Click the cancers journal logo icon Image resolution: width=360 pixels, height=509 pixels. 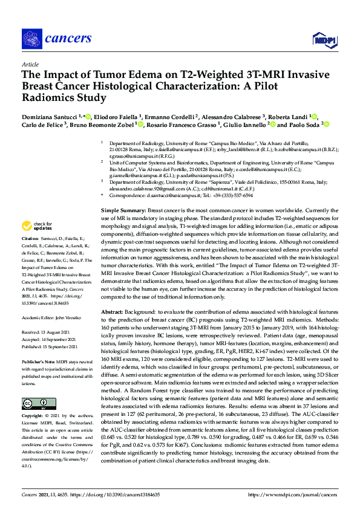click(31, 38)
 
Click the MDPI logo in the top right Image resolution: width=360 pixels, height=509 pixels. click(321, 40)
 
